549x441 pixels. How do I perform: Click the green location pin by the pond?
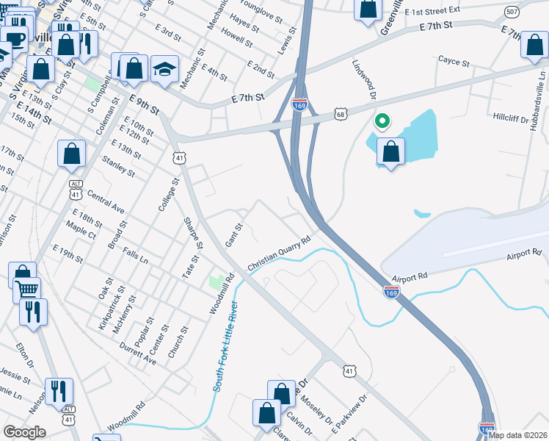click(381, 122)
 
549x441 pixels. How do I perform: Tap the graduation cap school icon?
click(164, 70)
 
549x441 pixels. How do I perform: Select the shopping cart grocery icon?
click(26, 289)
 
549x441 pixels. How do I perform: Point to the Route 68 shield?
click(340, 114)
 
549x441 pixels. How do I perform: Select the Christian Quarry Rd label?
click(280, 254)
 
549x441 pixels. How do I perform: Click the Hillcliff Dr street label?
click(514, 118)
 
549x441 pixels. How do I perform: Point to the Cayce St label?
click(453, 62)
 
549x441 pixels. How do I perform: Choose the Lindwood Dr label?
click(364, 81)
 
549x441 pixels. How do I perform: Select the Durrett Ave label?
click(139, 355)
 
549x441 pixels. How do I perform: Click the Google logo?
click(24, 431)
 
